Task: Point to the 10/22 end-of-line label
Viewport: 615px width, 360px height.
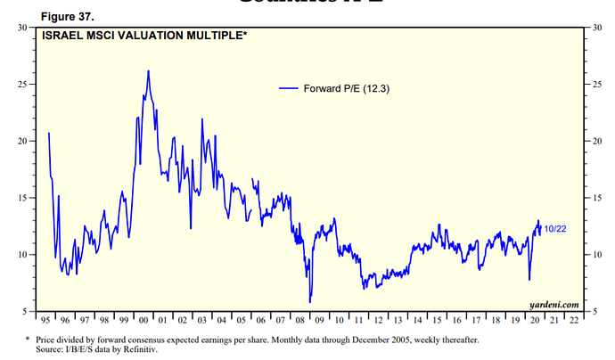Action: pos(555,229)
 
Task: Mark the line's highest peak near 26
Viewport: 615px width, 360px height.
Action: pos(148,70)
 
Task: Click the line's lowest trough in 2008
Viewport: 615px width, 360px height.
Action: pos(310,302)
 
